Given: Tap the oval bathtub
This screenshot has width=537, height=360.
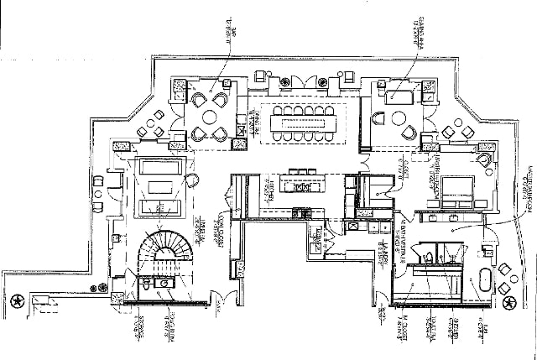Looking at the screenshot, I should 486,281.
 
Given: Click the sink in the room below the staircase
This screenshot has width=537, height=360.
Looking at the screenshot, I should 164,284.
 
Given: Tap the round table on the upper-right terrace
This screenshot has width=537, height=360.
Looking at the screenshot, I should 454,135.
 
